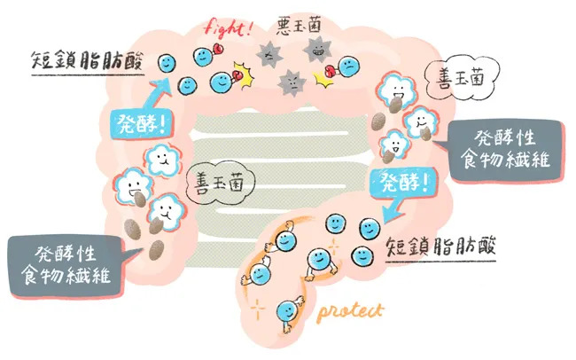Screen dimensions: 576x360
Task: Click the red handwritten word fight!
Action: coord(228,28)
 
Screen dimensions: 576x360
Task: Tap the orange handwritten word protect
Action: coord(350,312)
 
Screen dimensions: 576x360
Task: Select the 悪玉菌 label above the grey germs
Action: coord(299,25)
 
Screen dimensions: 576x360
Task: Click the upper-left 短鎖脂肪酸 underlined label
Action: coord(87,60)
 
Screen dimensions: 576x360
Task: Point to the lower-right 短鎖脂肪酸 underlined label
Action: coord(440,247)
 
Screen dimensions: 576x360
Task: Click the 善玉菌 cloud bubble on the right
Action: coord(462,77)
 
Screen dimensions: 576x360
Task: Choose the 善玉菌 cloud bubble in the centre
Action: coord(220,182)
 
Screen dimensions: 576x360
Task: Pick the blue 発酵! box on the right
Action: coord(404,183)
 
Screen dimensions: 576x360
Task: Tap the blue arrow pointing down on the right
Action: coord(393,209)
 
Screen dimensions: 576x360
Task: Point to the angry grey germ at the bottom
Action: coord(292,83)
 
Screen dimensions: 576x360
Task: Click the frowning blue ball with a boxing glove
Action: coord(348,67)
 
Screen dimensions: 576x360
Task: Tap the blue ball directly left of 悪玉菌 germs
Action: coord(222,82)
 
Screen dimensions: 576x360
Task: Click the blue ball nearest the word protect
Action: coord(287,311)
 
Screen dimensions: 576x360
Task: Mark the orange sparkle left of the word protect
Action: coord(257,309)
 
